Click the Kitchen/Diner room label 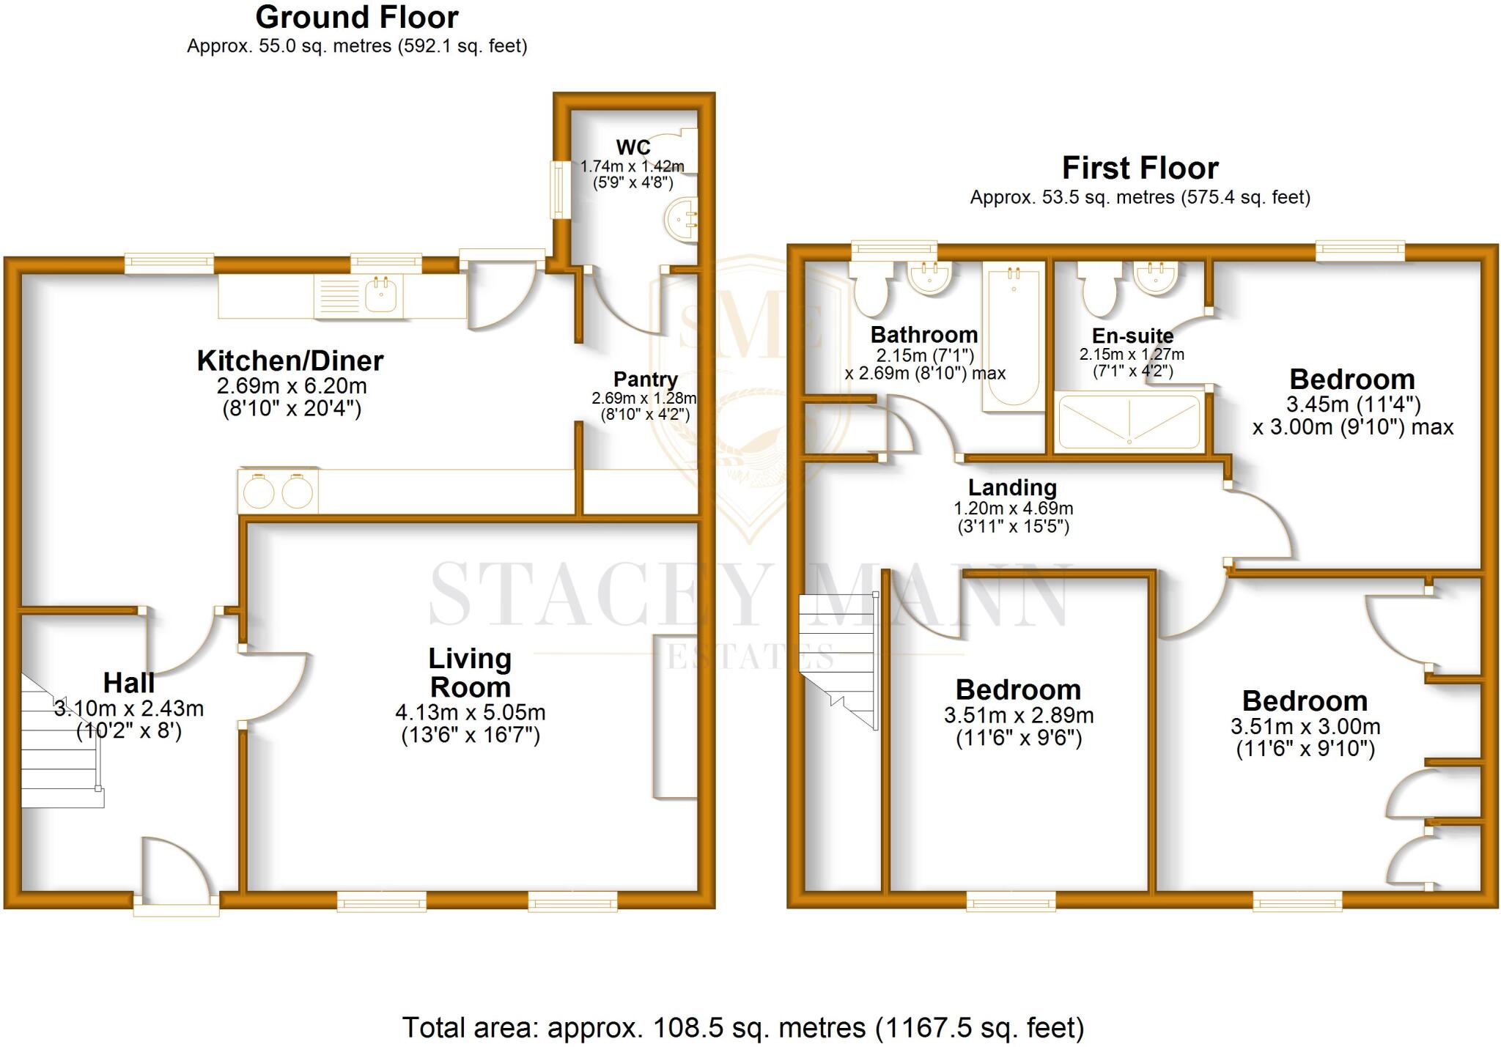tap(290, 361)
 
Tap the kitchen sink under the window tap(358, 296)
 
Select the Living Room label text tap(470, 673)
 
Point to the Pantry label tap(645, 380)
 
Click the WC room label tap(633, 147)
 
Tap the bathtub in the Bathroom tap(1013, 337)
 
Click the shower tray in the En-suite tap(1129, 422)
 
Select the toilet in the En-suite tap(1099, 292)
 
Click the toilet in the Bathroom tap(871, 291)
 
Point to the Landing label tap(1012, 487)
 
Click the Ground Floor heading tap(357, 18)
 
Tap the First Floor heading tap(1140, 169)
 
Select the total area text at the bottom tap(742, 1028)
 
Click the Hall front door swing tap(174, 868)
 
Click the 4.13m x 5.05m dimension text tap(470, 712)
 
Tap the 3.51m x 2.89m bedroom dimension tap(1019, 715)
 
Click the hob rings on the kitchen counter tap(278, 491)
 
